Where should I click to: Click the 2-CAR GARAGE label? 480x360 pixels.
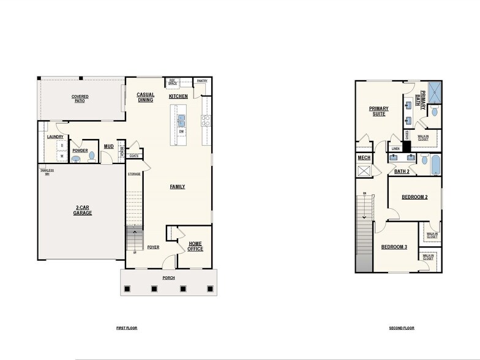click(83, 211)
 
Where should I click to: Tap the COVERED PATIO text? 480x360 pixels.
click(80, 99)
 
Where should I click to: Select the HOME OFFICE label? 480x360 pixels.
click(195, 246)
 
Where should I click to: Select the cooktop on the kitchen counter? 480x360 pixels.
click(206, 121)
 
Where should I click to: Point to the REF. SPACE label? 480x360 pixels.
click(173, 82)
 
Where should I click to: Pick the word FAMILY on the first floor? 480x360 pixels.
click(177, 187)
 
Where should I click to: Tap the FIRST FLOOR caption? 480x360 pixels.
click(127, 328)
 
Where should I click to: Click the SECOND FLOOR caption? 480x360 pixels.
click(402, 328)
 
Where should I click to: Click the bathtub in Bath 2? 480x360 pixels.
click(435, 165)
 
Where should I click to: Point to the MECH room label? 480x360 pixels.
click(364, 158)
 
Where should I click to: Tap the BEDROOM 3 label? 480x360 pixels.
click(394, 247)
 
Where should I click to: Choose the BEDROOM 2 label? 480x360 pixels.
click(414, 197)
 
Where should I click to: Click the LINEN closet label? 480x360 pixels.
click(396, 148)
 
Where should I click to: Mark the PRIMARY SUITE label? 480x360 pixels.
click(378, 111)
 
